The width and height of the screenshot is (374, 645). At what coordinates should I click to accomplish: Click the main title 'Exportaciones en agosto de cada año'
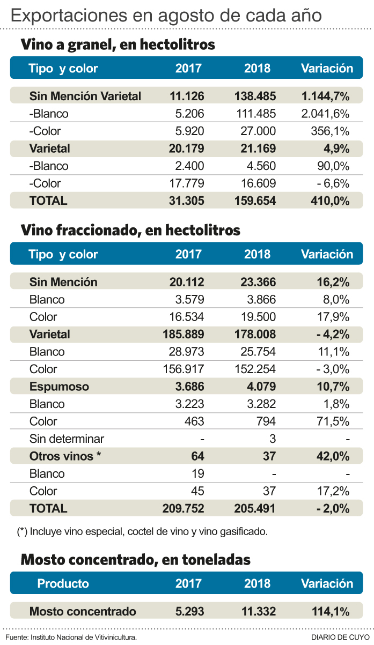pyautogui.click(x=166, y=14)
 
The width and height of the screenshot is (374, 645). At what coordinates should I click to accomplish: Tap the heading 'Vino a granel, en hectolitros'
pyautogui.click(x=118, y=45)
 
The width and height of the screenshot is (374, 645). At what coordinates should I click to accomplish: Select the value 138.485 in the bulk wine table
pyautogui.click(x=255, y=97)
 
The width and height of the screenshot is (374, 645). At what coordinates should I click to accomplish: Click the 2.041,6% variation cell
pyautogui.click(x=325, y=114)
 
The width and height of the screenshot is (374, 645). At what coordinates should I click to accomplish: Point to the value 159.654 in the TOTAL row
pyautogui.click(x=255, y=201)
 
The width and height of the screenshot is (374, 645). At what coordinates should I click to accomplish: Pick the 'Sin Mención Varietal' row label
pyautogui.click(x=85, y=97)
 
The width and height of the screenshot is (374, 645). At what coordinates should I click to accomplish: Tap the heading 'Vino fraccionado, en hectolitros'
pyautogui.click(x=130, y=231)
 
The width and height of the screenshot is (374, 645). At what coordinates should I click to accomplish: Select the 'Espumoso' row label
pyautogui.click(x=59, y=387)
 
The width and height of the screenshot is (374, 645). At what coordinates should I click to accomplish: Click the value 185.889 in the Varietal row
pyautogui.click(x=183, y=335)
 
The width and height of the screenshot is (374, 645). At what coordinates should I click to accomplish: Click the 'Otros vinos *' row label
pyautogui.click(x=65, y=456)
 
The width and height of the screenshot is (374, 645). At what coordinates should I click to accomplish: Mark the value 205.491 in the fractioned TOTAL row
pyautogui.click(x=255, y=508)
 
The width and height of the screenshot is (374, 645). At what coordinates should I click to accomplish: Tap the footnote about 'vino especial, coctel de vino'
pyautogui.click(x=142, y=532)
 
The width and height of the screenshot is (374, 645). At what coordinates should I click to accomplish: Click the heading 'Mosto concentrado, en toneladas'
pyautogui.click(x=135, y=560)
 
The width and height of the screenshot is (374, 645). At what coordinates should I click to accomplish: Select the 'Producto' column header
pyautogui.click(x=63, y=584)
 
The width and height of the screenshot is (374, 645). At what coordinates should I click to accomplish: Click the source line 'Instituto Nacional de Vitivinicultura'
pyautogui.click(x=83, y=637)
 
